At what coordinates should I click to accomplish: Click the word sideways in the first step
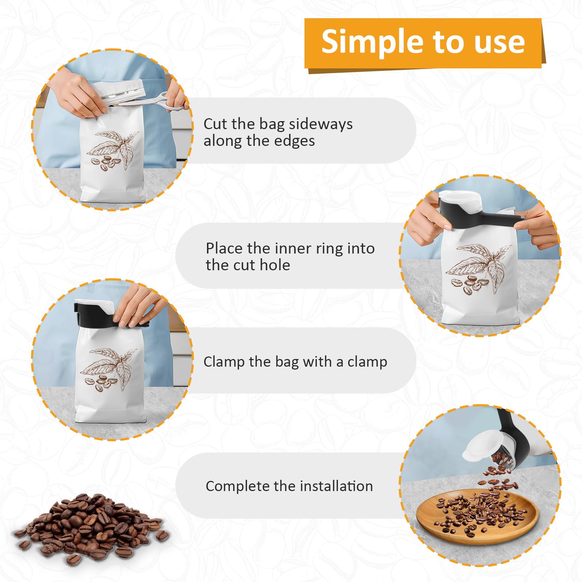coord(320,124)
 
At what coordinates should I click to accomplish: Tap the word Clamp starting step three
coord(224,362)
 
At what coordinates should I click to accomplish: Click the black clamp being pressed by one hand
coord(111,315)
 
